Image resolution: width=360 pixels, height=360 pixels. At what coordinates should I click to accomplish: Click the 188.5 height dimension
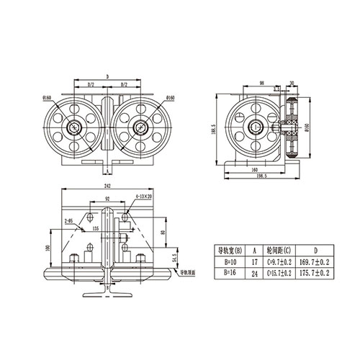[x=214, y=130]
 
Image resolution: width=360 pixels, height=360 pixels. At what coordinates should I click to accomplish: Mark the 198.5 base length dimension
[x=260, y=174]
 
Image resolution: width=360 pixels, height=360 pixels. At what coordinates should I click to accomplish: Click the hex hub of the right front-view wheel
[x=140, y=128]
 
